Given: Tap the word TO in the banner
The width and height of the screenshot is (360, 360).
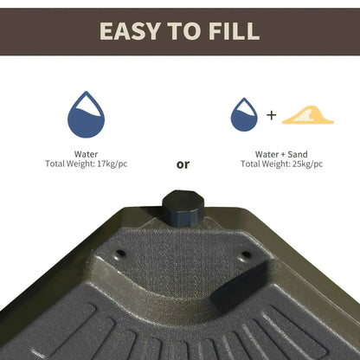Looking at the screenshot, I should click(x=183, y=32).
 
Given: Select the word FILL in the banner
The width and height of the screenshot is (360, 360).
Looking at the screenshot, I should click(x=230, y=32).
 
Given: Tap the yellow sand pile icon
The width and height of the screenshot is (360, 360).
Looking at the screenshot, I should click(x=307, y=115).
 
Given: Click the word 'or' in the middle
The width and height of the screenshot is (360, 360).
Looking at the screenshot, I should click(x=183, y=164).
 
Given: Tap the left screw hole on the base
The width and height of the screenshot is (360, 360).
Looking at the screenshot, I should click(x=119, y=254).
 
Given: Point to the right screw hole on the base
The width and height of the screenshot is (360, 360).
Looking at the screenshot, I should click(x=246, y=255).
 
